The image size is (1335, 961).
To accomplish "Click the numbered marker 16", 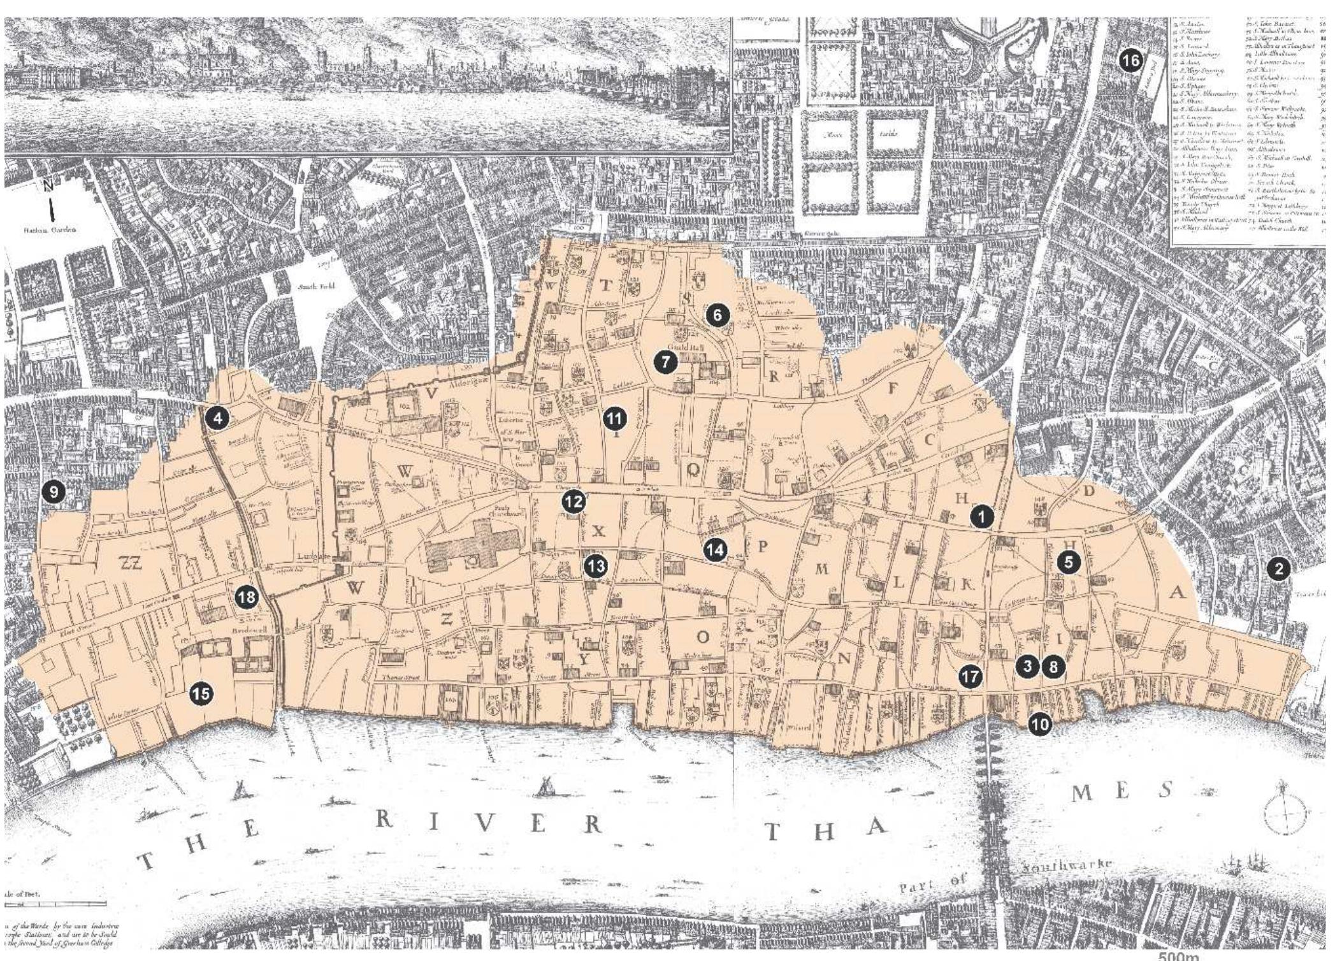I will tap(1131, 61).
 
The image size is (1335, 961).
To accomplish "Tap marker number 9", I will tap(54, 491).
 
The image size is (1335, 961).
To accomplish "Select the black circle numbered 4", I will tap(218, 419).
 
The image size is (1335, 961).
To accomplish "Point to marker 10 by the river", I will tap(1039, 724).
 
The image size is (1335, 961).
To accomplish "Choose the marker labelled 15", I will tap(201, 693).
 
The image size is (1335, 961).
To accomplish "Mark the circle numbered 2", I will tap(1278, 568).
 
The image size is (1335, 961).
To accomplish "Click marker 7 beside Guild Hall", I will tap(665, 363).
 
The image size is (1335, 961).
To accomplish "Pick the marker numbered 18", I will tap(247, 597).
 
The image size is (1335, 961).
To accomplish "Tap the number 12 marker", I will tap(573, 502).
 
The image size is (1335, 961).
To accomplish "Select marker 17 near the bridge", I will tap(971, 676).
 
